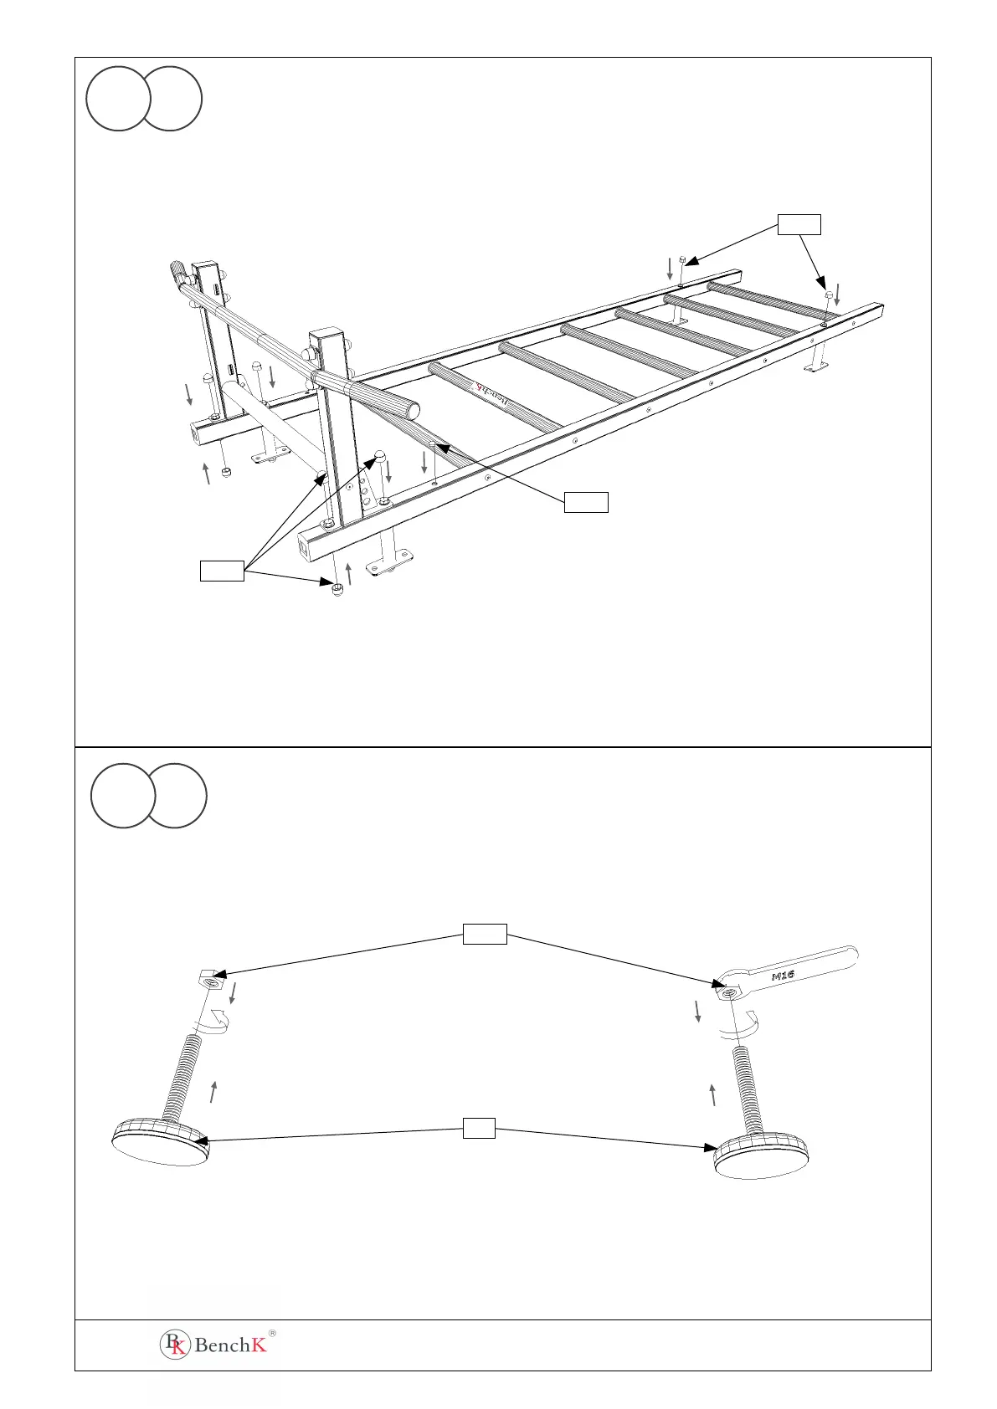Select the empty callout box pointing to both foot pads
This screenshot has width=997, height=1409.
click(479, 1128)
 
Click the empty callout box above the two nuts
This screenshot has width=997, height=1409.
click(485, 934)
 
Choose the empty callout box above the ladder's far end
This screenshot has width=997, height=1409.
click(799, 223)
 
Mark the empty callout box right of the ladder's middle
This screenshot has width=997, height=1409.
click(585, 502)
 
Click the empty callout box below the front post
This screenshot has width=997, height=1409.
click(222, 571)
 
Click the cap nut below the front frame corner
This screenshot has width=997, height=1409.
click(337, 592)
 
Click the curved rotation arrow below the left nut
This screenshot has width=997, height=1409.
click(215, 1022)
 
